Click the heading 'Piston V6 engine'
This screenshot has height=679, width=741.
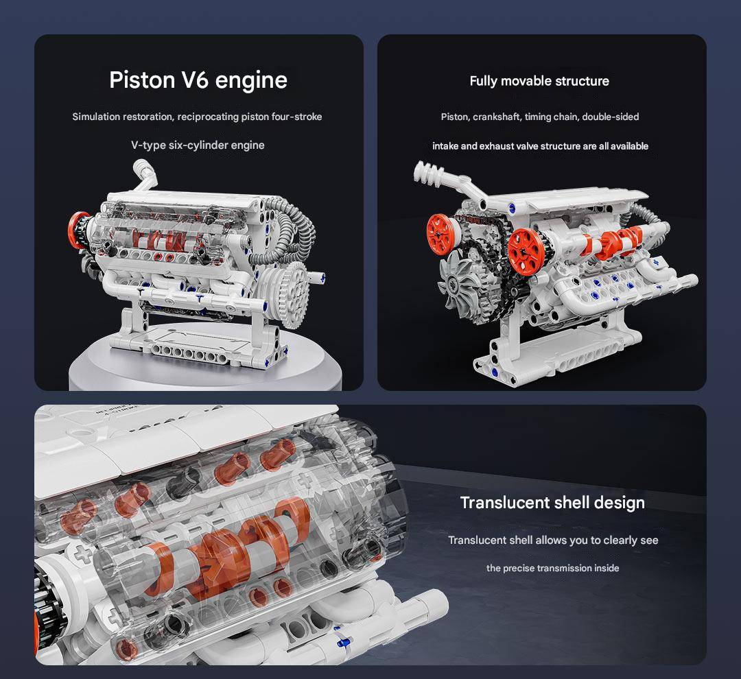[198, 80]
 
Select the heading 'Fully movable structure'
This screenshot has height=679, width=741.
[539, 81]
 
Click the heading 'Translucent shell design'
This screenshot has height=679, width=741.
[552, 502]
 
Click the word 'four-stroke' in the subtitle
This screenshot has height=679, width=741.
[296, 117]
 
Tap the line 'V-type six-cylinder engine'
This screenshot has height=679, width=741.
[198, 145]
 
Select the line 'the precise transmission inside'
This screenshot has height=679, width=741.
[552, 568]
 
